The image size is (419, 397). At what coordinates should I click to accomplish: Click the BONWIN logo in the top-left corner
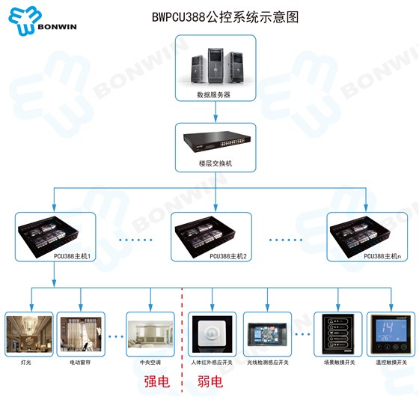tap(43, 20)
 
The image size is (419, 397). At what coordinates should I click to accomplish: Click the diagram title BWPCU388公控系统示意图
tap(220, 17)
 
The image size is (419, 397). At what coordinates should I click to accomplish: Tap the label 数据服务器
tap(214, 95)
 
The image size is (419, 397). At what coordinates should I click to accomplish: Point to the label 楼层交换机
tap(215, 163)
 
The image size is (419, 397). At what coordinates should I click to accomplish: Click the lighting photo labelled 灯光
tap(28, 336)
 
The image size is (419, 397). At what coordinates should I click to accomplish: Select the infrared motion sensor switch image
tap(212, 335)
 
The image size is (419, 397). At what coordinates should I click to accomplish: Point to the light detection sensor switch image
tap(267, 335)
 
